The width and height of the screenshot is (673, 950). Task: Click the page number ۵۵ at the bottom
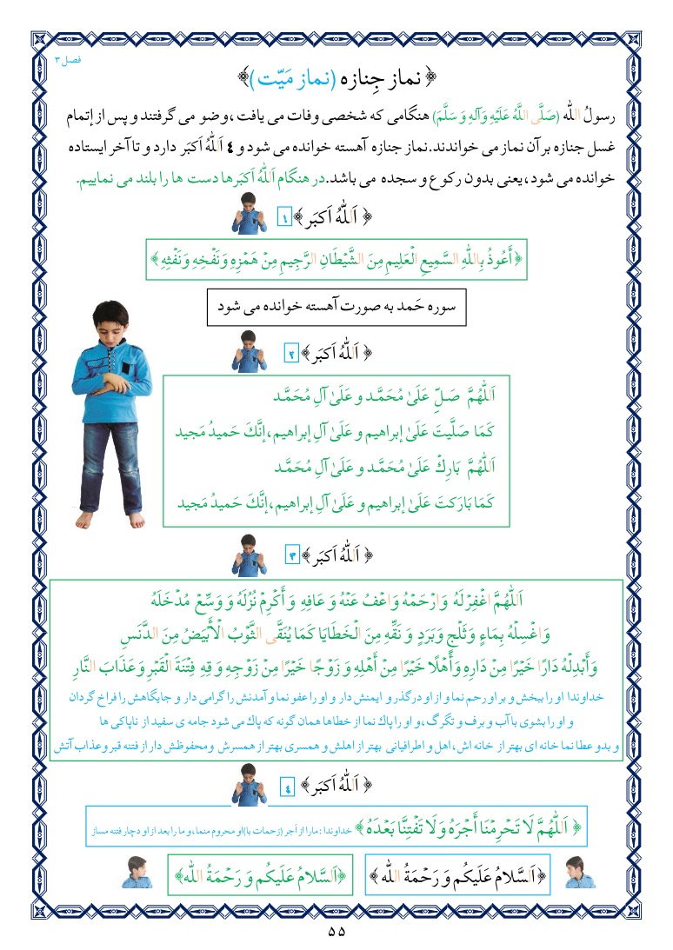tap(336, 931)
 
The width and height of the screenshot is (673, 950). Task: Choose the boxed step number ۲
tap(293, 353)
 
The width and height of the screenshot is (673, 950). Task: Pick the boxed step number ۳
tap(293, 554)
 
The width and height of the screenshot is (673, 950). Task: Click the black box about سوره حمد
tap(337, 306)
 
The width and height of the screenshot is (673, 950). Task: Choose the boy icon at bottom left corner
tap(139, 872)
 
